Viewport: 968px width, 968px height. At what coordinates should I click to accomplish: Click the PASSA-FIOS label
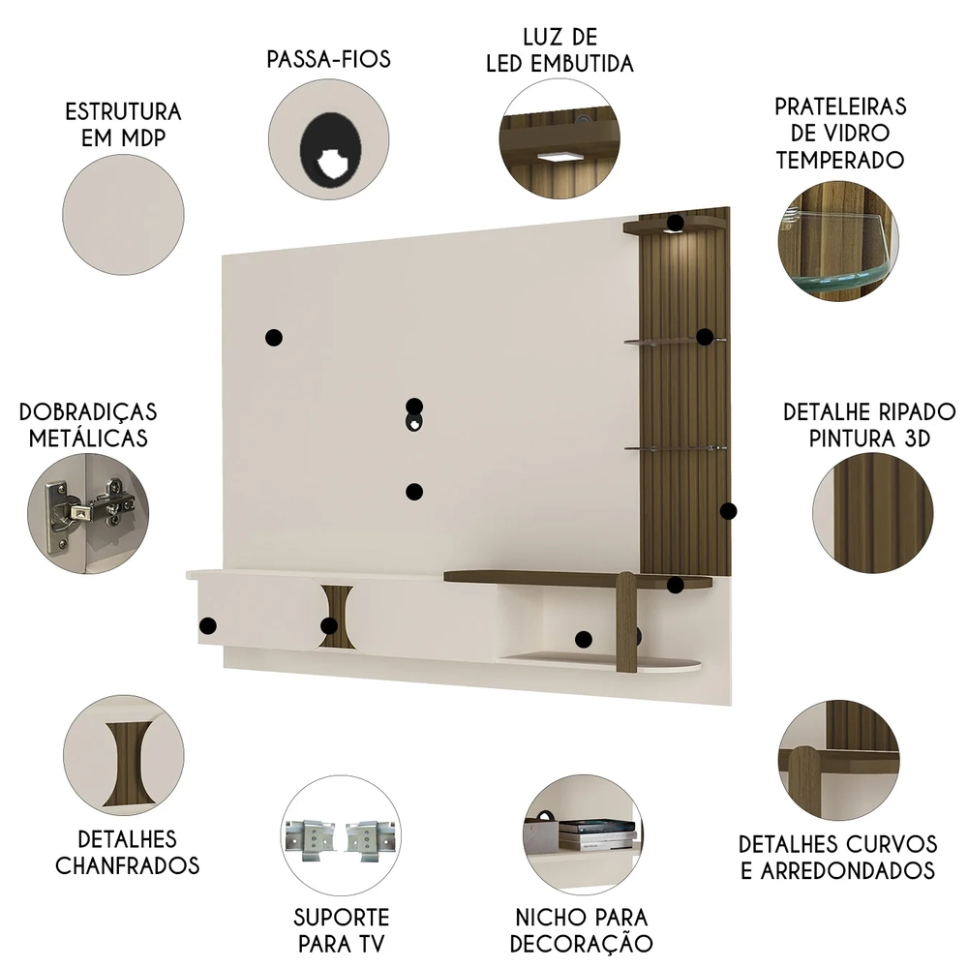pyautogui.click(x=328, y=59)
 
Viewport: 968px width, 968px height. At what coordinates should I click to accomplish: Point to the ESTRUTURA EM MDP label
pyautogui.click(x=123, y=125)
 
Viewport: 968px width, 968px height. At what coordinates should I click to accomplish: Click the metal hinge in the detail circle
pyautogui.click(x=88, y=508)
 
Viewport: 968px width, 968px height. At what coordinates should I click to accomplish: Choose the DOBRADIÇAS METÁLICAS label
pyautogui.click(x=88, y=425)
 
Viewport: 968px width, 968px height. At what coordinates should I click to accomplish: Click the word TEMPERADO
pyautogui.click(x=839, y=160)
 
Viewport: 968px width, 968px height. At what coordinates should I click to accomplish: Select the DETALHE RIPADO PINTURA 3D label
pyautogui.click(x=869, y=425)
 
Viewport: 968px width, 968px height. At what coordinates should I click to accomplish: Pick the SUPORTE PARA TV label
pyautogui.click(x=341, y=929)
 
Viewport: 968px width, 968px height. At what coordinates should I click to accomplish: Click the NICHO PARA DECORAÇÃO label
pyautogui.click(x=581, y=929)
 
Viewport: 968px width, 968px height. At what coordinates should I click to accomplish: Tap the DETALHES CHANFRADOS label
pyautogui.click(x=127, y=851)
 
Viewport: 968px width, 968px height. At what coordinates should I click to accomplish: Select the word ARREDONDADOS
pyautogui.click(x=838, y=869)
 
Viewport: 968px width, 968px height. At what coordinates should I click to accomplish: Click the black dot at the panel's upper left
pyautogui.click(x=273, y=338)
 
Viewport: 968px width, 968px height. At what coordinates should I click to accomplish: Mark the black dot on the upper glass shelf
pyautogui.click(x=705, y=337)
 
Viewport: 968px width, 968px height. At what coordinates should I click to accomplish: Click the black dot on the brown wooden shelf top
pyautogui.click(x=676, y=585)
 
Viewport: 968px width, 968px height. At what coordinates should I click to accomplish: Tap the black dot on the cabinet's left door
pyautogui.click(x=207, y=626)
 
